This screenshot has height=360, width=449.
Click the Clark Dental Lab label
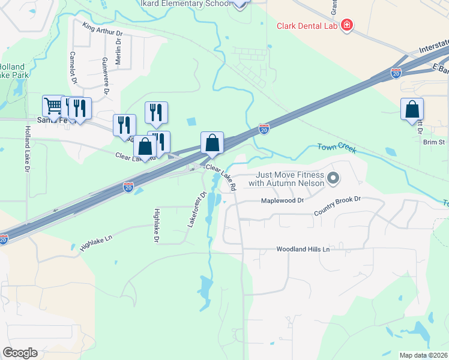[307, 26]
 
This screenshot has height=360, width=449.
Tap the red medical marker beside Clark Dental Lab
[346, 25]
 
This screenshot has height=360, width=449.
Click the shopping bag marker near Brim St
[412, 109]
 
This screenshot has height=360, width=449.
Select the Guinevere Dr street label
[105, 75]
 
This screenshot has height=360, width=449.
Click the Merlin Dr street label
[119, 53]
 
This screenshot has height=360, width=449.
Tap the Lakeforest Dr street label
[197, 207]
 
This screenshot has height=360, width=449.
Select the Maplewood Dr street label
[283, 200]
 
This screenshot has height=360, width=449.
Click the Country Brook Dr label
[337, 206]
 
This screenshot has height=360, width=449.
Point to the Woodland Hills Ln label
[303, 249]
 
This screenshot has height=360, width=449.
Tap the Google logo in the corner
[20, 353]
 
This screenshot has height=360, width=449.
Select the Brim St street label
[433, 142]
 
